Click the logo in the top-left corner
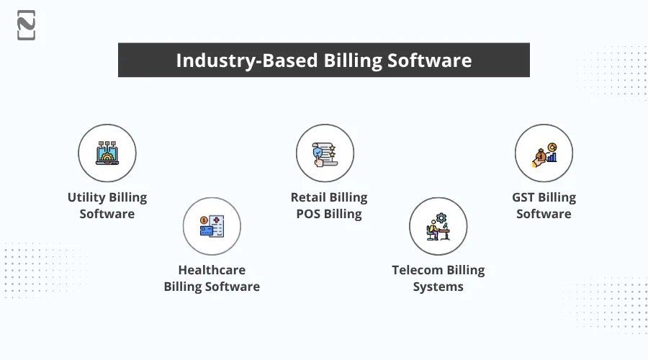coord(26,25)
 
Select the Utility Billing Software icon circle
coord(107,153)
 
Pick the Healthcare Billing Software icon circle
coord(212,226)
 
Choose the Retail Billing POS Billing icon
coord(325,153)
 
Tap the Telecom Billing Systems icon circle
coord(438,226)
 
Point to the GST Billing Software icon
coord(544,153)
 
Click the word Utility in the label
coord(86,197)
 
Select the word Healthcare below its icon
coord(212,270)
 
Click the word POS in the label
coord(308,214)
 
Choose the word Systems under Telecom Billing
coord(438,287)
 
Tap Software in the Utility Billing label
coord(107,214)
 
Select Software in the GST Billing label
coord(544,214)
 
